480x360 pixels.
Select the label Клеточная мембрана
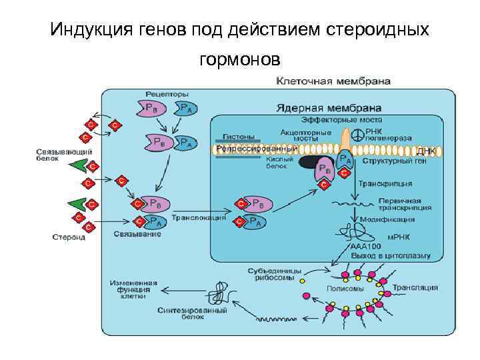point(333,81)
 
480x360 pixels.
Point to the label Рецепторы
point(167,93)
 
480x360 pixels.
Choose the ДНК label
point(425,151)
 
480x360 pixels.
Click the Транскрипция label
point(385,183)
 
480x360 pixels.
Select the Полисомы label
point(345,289)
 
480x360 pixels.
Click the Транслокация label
point(199,217)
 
